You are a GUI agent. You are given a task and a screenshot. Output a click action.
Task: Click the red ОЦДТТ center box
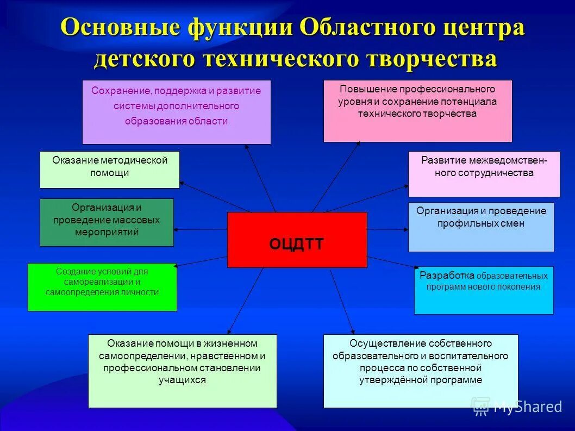(x=297, y=240)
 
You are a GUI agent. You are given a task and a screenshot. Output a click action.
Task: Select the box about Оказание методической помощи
(x=109, y=170)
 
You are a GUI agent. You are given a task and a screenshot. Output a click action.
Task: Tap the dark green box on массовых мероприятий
(x=107, y=222)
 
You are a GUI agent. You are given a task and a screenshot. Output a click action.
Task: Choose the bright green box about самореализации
(x=102, y=287)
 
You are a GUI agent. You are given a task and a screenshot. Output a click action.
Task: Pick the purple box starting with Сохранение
(x=176, y=112)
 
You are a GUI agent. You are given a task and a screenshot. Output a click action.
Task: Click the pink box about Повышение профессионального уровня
(x=417, y=111)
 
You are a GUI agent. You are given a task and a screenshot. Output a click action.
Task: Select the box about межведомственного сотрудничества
(x=484, y=174)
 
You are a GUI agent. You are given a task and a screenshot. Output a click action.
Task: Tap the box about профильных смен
(x=481, y=227)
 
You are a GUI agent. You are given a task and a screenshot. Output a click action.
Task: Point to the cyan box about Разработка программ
(x=484, y=290)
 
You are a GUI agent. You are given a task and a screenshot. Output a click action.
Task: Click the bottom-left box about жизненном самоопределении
(x=182, y=371)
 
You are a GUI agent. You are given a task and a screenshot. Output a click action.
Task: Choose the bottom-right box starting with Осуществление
(x=421, y=371)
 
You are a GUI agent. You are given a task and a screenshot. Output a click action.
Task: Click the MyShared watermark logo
(x=516, y=406)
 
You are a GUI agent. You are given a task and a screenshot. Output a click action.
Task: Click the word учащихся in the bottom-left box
(x=182, y=380)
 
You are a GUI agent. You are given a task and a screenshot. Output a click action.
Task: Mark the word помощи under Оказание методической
(x=109, y=173)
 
